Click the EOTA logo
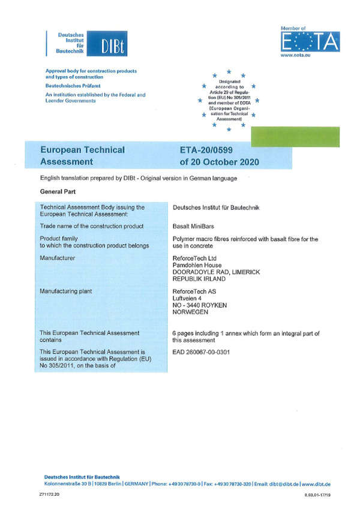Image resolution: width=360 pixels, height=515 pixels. coord(310,43)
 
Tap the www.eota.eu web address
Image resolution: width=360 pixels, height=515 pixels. coord(294,56)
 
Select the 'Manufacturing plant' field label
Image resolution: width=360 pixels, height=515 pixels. coord(67,291)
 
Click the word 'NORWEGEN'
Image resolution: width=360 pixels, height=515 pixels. coord(190,312)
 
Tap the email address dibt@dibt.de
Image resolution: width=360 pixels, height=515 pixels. coord(281,483)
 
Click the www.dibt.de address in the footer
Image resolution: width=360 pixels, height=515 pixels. coord(317,483)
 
